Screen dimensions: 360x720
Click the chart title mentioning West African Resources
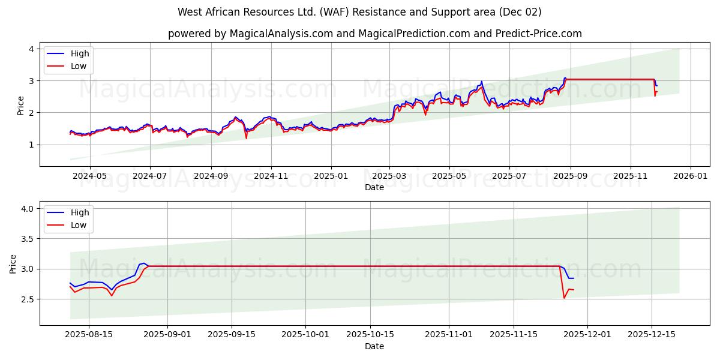[x=359, y=12]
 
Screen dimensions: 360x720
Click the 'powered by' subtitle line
[x=374, y=34]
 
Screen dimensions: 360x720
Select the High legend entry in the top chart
[x=79, y=53]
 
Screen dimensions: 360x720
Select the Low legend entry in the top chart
[x=79, y=66]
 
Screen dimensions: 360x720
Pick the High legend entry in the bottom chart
[x=79, y=212]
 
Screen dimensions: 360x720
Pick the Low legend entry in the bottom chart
[x=79, y=225]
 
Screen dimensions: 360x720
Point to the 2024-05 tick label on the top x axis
[x=90, y=177]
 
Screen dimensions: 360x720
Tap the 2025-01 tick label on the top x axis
[x=332, y=177]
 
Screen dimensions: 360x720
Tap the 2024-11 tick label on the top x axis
[x=271, y=177]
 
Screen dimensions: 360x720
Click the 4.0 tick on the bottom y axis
[x=28, y=209]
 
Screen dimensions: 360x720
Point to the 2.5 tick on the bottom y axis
[x=28, y=299]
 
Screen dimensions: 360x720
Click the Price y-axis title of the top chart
[x=20, y=106]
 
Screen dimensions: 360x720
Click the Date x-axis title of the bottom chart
[x=374, y=346]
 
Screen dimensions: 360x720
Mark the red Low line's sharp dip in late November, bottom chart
[x=564, y=298]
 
